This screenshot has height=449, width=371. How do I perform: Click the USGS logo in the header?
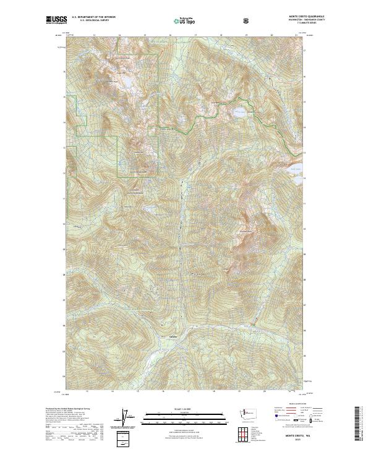[x=56, y=20]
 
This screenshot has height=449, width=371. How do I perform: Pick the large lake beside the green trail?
[x=238, y=113]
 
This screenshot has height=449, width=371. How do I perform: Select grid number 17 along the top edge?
[x=196, y=36]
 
